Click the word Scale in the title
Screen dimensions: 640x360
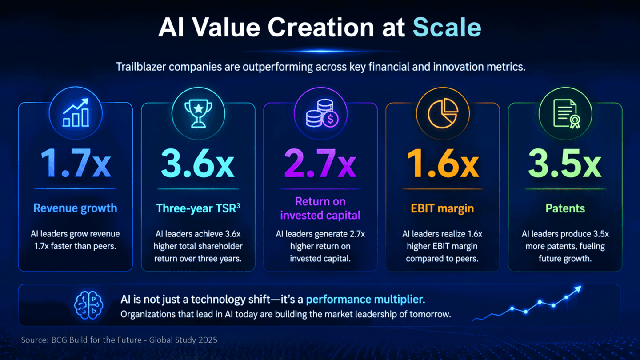[x=447, y=28]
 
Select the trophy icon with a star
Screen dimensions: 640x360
[x=198, y=113]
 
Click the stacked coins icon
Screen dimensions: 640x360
[x=322, y=113]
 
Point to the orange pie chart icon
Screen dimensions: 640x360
[x=443, y=113]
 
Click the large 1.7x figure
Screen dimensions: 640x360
[x=76, y=163]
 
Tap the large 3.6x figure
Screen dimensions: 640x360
[x=198, y=163]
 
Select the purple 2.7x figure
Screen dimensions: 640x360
[x=320, y=163]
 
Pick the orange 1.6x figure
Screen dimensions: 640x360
[x=443, y=163]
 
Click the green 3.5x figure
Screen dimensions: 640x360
[x=565, y=163]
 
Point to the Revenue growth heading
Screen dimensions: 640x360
[x=75, y=208]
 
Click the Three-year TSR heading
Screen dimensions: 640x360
[x=198, y=208]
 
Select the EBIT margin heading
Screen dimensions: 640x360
[x=442, y=208]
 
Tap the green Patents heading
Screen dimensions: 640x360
[x=565, y=208]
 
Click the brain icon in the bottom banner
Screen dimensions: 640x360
[x=88, y=305]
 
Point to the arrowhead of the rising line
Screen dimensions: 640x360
[x=578, y=289]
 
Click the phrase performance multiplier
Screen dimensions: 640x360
[x=365, y=300]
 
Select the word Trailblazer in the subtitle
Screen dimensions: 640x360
[x=141, y=67]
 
